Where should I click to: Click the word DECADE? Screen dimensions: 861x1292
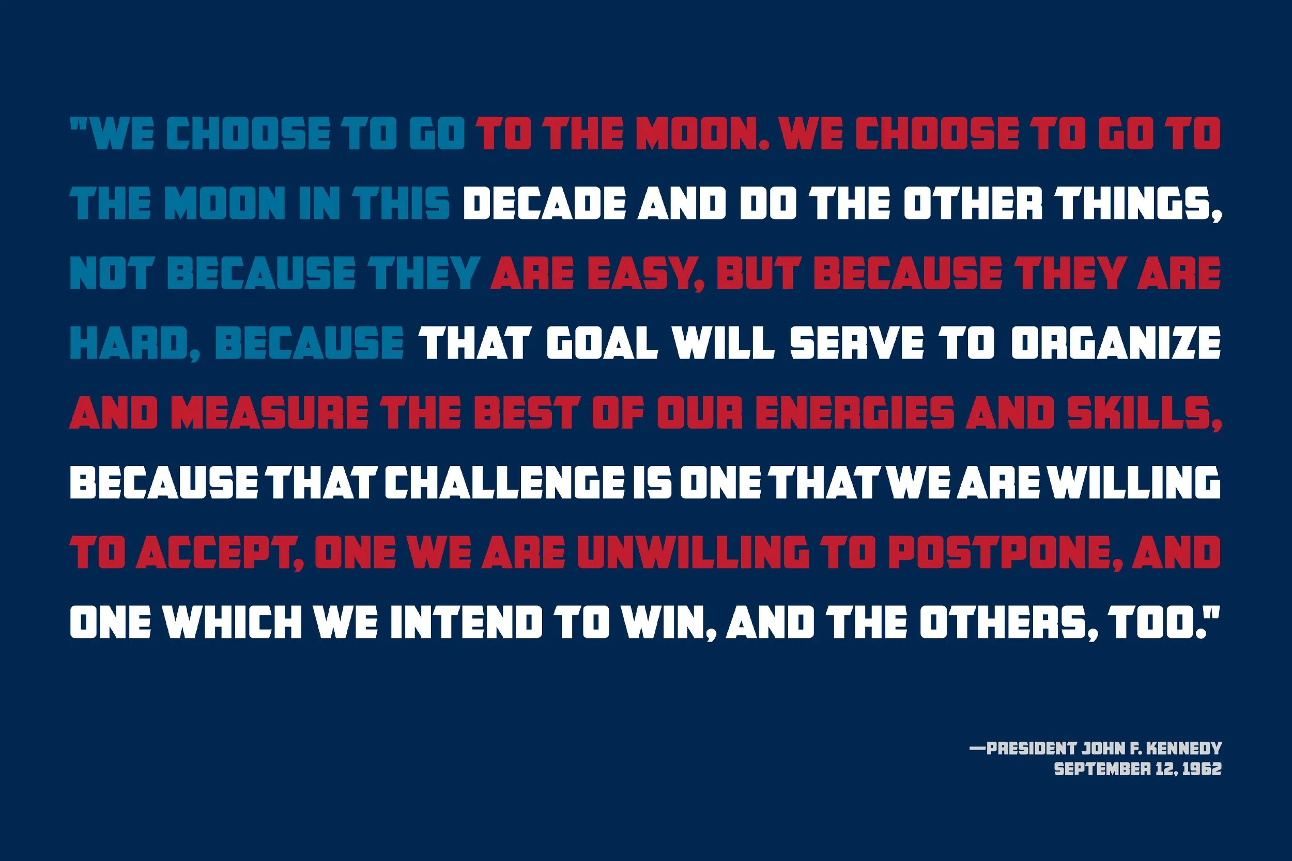pos(544,202)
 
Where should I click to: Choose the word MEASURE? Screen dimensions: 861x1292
pos(269,412)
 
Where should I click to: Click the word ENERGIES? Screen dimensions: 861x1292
pos(855,412)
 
